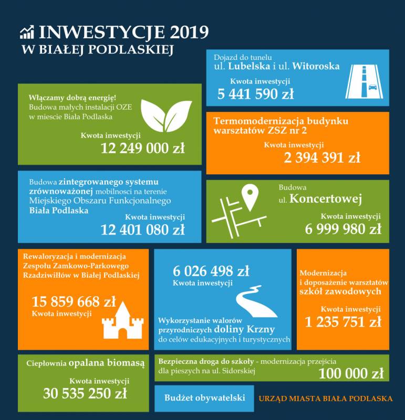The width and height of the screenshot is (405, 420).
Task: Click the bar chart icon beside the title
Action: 27,32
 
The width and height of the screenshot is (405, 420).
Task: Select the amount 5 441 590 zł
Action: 256,94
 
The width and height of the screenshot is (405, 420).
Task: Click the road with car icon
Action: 364,81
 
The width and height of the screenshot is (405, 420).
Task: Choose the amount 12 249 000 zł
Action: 143,148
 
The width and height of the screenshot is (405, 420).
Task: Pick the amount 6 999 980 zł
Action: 343,229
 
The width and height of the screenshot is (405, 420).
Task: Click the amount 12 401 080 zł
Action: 143,229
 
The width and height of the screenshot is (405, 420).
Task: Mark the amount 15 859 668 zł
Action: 74,302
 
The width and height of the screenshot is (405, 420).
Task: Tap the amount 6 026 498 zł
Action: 211,271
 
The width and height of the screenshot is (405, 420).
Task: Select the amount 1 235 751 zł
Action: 343,322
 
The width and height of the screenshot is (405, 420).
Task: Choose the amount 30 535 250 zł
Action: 85,393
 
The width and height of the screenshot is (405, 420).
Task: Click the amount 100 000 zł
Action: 351,374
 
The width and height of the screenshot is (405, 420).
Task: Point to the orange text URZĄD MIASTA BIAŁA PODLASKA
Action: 326,398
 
